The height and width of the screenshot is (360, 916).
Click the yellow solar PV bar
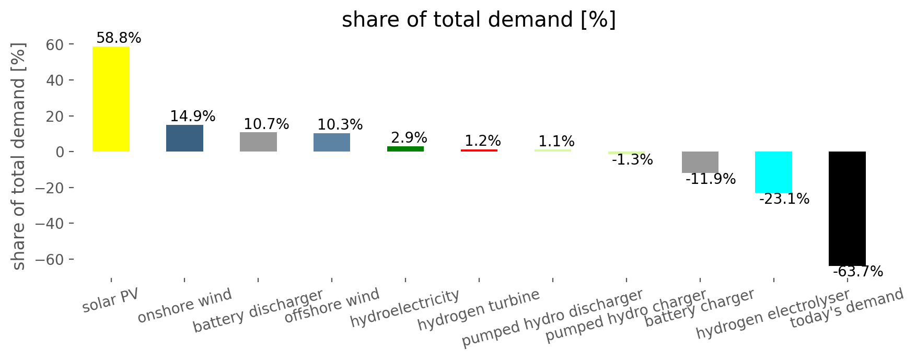[111, 99]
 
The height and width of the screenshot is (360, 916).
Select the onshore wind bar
[184, 138]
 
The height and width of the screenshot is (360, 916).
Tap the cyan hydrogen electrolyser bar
[773, 172]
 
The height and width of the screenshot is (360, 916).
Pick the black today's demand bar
[847, 208]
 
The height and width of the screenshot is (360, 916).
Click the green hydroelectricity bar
[405, 149]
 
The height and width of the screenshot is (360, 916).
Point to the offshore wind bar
[332, 142]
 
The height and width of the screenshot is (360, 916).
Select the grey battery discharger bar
[258, 142]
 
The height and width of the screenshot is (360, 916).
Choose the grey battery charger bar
[700, 162]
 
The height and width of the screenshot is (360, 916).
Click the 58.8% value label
[119, 38]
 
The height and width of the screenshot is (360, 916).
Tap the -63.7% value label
[857, 272]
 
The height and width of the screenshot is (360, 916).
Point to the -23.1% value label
[784, 199]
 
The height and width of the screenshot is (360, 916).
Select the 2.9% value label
[409, 138]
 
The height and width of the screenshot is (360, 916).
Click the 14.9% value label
[192, 117]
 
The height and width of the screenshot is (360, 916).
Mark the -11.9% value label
[710, 179]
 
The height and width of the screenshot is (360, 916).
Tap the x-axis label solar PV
[111, 300]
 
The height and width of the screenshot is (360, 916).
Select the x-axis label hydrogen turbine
[479, 310]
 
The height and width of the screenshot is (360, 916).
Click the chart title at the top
[479, 20]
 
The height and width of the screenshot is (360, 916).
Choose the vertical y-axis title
[19, 157]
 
